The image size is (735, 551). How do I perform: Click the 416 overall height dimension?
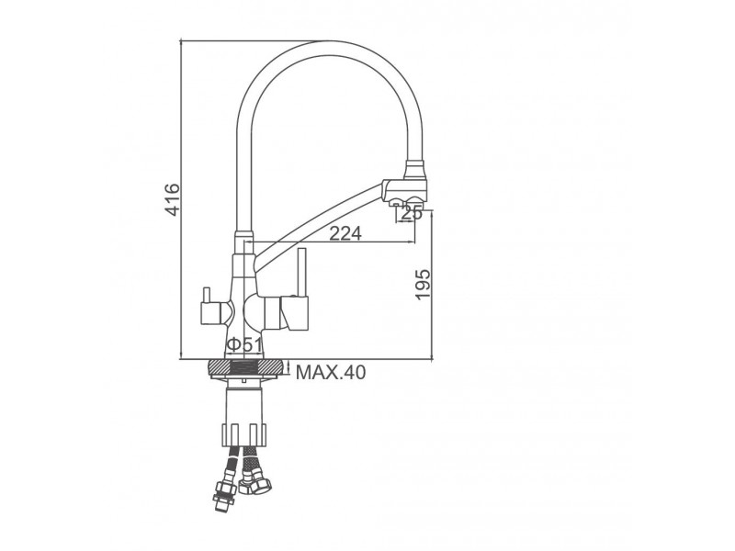coord(173,199)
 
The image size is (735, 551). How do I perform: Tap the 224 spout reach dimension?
coord(345,233)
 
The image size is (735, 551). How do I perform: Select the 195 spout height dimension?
coord(423,285)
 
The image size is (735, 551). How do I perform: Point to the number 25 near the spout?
coord(413,213)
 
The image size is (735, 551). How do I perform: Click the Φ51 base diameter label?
coord(244,345)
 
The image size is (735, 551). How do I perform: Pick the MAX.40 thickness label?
coord(331,373)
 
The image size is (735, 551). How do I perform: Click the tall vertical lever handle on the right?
coord(302,273)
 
